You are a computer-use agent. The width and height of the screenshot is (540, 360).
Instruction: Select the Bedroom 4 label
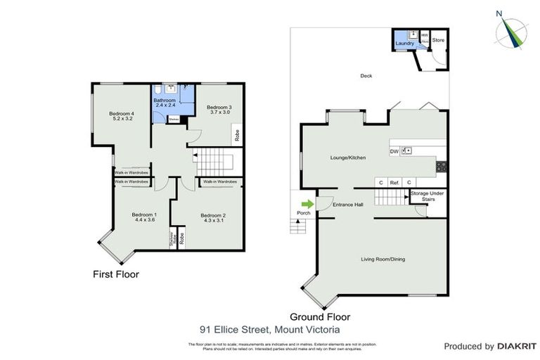(x=122, y=117)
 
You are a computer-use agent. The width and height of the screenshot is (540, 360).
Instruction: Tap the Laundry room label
(x=405, y=44)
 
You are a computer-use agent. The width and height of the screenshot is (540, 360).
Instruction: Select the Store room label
(x=438, y=40)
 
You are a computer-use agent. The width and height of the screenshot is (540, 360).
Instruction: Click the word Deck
(x=366, y=76)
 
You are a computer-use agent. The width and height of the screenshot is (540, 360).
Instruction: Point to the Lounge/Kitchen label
(x=348, y=157)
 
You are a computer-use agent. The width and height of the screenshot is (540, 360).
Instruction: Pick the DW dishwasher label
(x=393, y=150)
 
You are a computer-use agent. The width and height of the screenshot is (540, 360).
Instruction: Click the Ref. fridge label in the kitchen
(x=394, y=183)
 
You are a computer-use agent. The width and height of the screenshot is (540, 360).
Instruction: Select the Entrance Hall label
(x=347, y=205)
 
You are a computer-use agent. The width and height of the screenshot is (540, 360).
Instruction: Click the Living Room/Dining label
(x=383, y=259)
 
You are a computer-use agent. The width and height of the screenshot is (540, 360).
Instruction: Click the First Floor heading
(x=116, y=274)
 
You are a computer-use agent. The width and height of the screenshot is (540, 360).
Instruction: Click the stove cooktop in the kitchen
(x=441, y=167)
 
